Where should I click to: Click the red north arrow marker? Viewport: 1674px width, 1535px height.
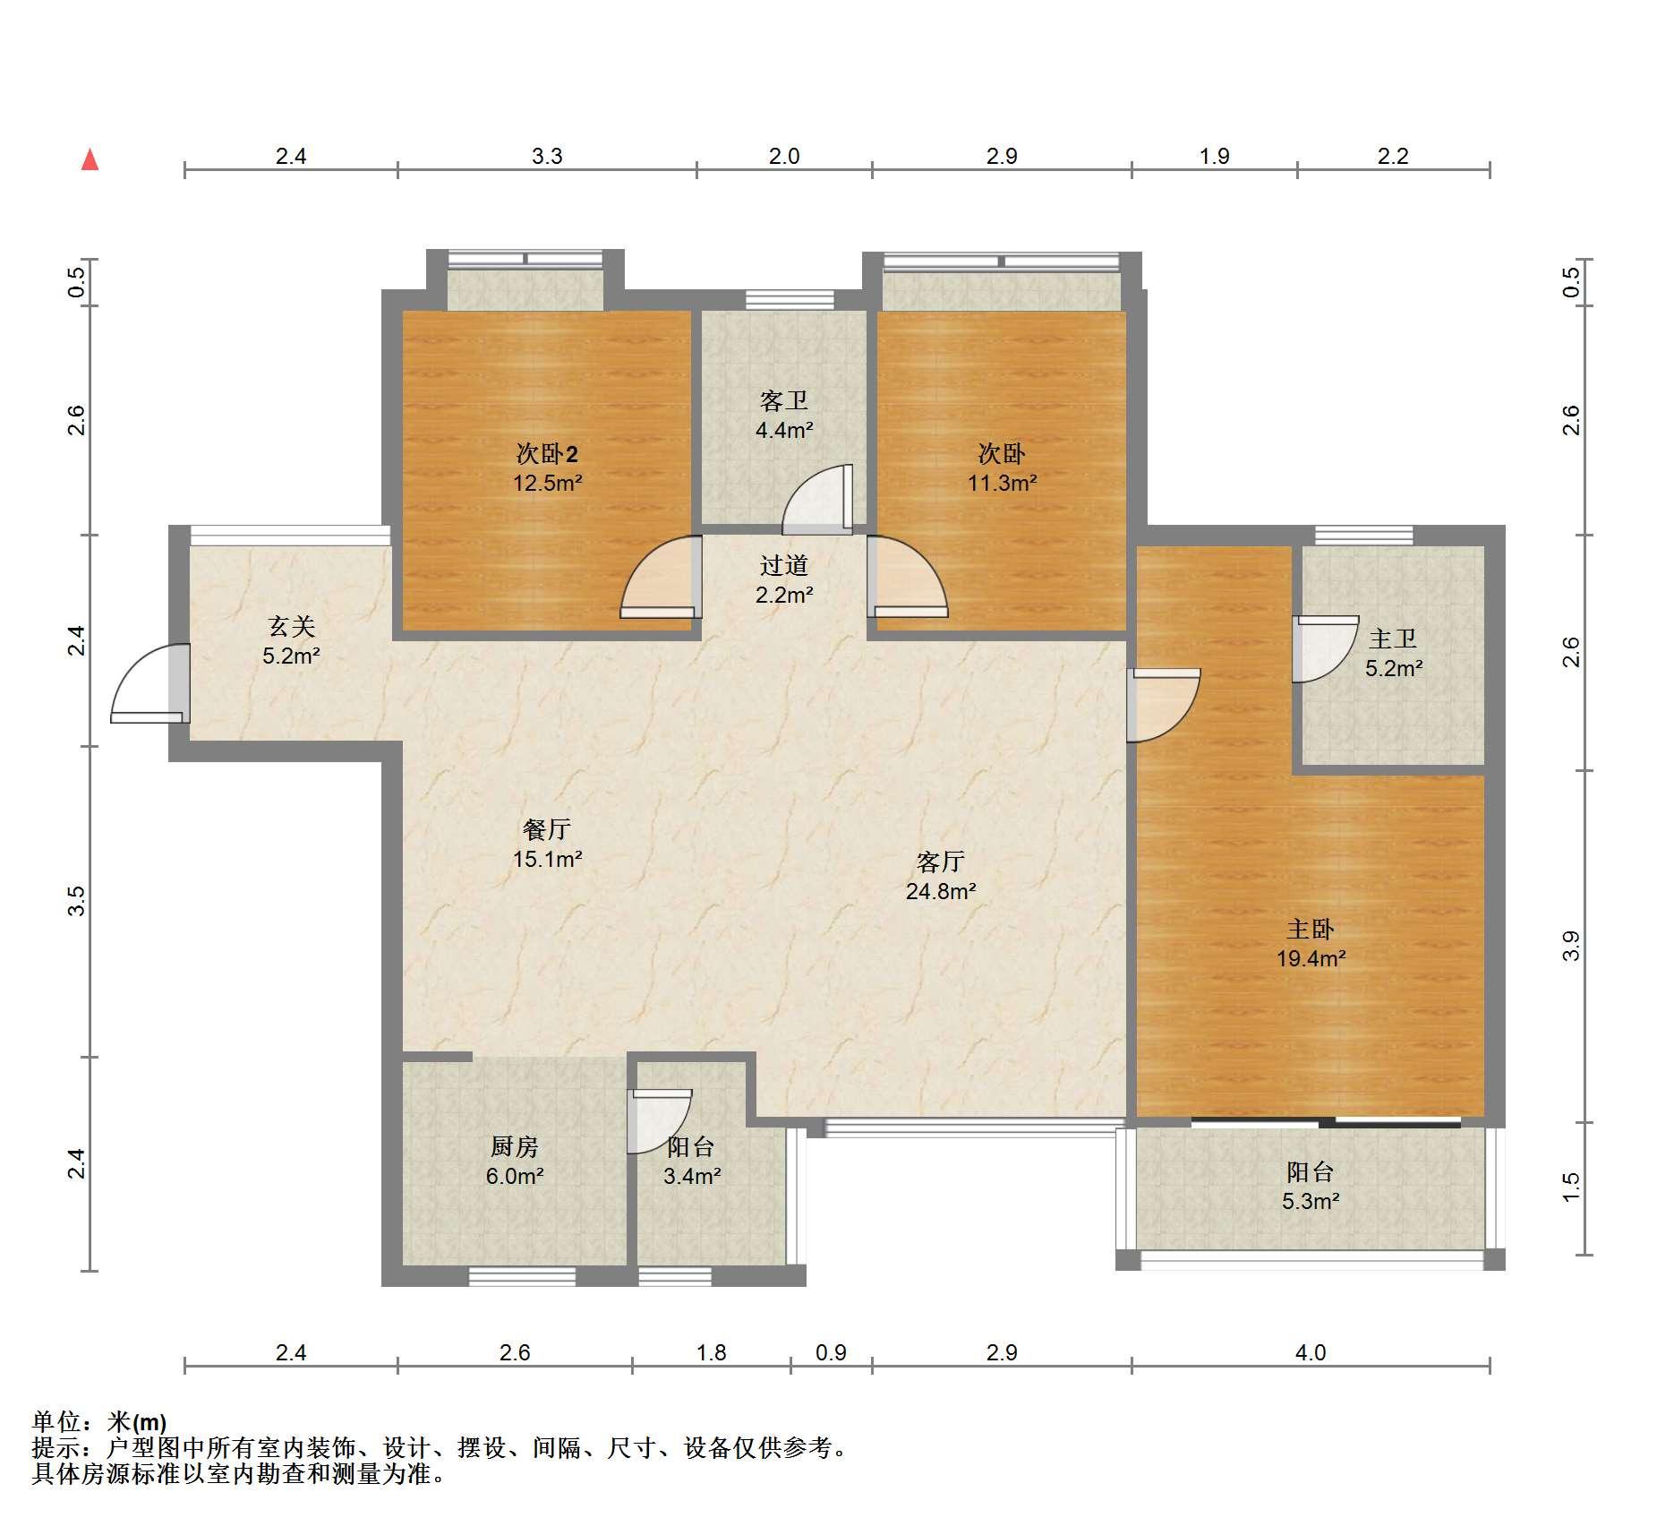click(x=90, y=159)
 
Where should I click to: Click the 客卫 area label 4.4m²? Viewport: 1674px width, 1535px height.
click(x=784, y=430)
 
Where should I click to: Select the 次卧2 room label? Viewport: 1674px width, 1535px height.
click(x=547, y=454)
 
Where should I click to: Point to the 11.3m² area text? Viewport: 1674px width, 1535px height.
click(x=1002, y=484)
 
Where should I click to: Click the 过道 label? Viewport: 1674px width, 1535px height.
click(x=784, y=565)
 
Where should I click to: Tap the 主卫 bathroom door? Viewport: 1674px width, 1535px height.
click(x=1325, y=648)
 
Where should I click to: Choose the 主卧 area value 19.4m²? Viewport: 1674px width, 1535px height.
click(x=1311, y=958)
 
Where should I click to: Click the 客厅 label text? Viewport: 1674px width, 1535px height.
click(x=941, y=862)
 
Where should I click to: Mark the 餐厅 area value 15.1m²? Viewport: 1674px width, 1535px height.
click(x=547, y=859)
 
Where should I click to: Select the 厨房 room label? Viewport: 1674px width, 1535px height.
click(x=515, y=1146)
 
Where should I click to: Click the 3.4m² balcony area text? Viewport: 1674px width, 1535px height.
click(x=692, y=1176)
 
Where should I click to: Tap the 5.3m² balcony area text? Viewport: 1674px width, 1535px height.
click(x=1311, y=1201)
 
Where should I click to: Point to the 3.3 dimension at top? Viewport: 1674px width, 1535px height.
click(x=547, y=156)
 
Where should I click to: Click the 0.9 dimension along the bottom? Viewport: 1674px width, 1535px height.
click(x=831, y=1352)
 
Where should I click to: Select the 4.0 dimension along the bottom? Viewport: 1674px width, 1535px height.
click(x=1311, y=1352)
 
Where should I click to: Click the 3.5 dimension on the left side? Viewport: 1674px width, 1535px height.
click(x=77, y=900)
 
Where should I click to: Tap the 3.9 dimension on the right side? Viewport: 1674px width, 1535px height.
click(x=1571, y=946)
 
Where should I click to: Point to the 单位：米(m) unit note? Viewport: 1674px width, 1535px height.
click(x=99, y=1421)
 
